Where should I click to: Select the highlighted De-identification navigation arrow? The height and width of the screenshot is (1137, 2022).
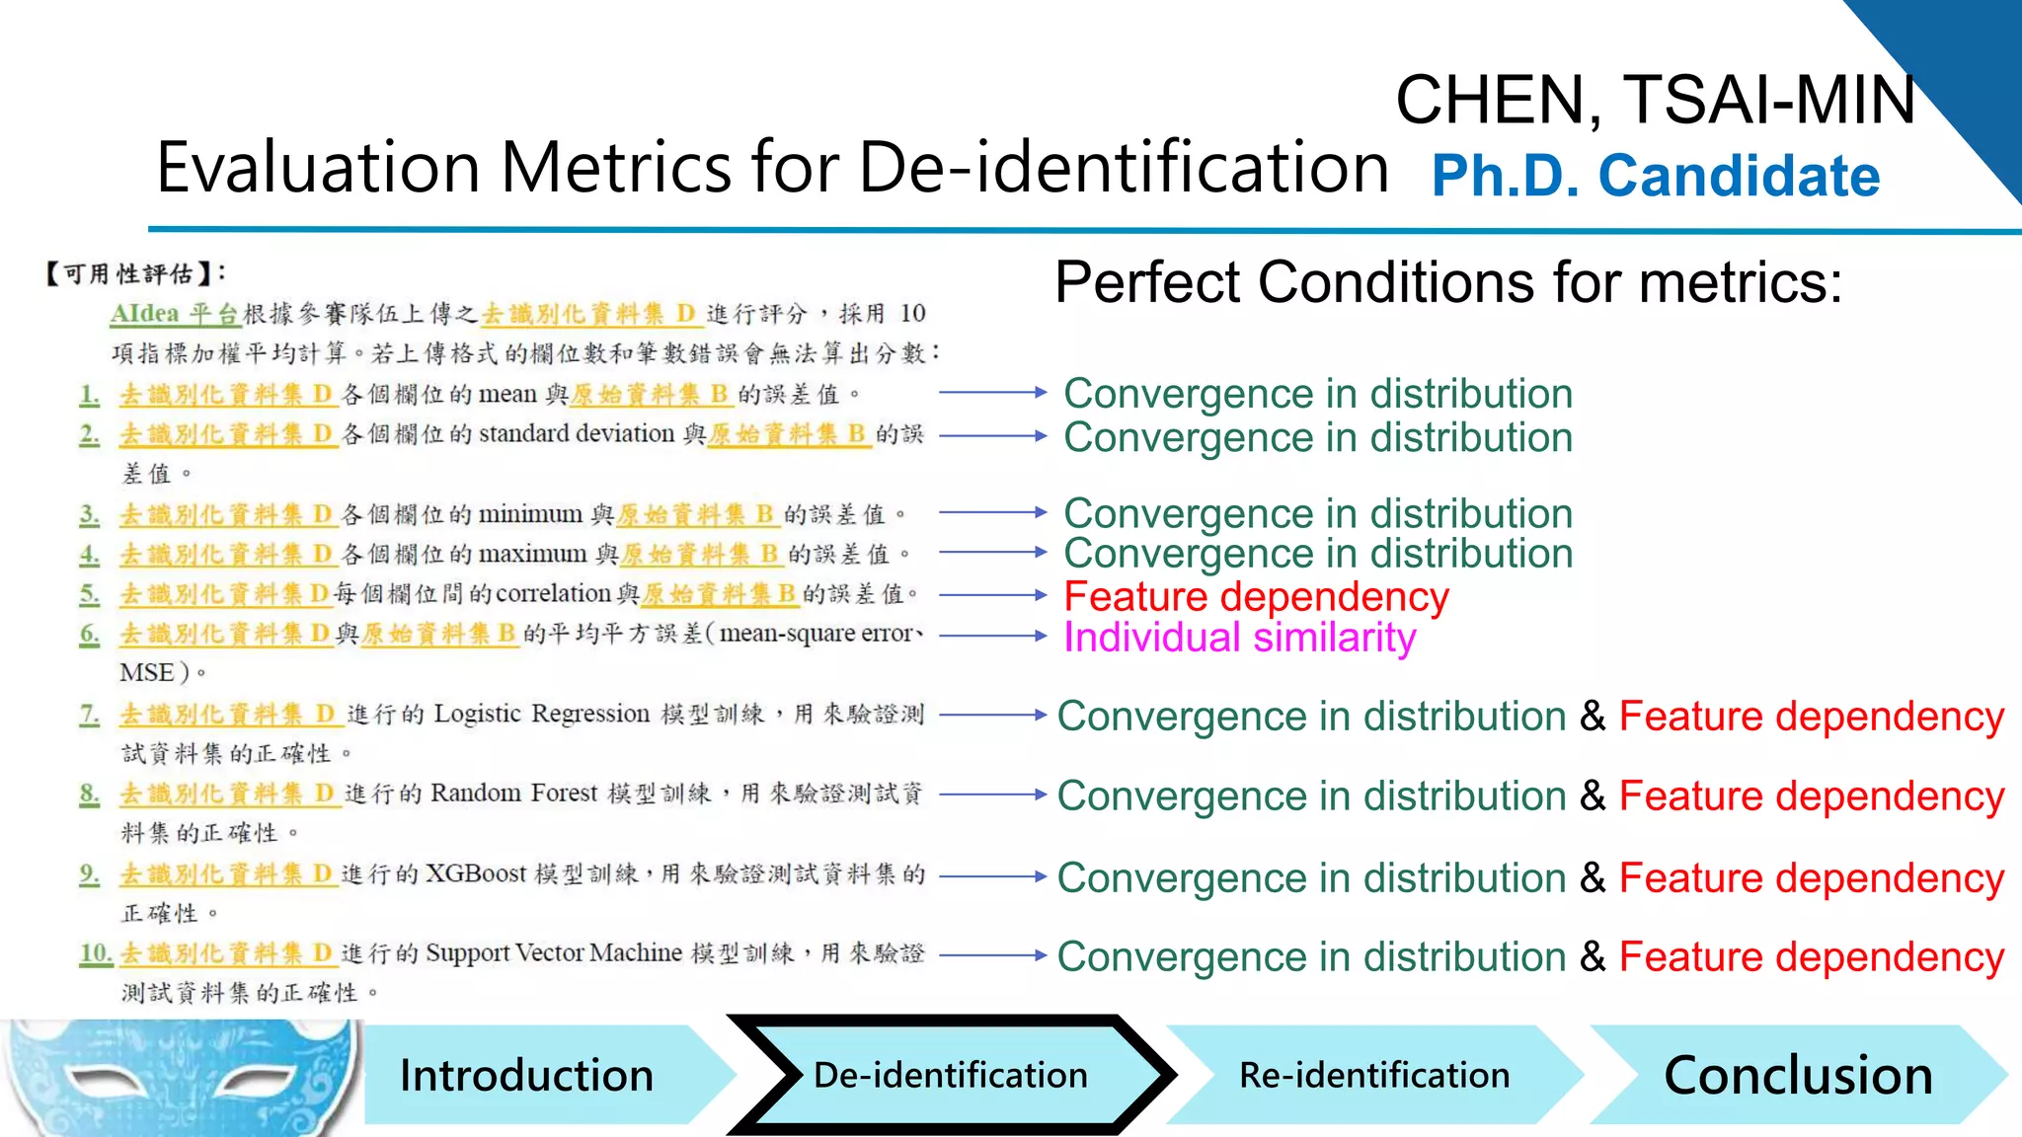[x=950, y=1075]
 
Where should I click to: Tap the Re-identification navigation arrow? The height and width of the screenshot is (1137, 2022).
[x=1374, y=1075]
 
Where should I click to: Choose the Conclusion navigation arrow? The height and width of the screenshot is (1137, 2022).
[x=1798, y=1075]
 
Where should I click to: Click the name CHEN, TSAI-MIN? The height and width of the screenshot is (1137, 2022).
[x=1656, y=100]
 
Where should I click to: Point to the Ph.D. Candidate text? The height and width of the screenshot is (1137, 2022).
[x=1656, y=176]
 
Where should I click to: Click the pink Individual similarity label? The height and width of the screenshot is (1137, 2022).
[x=1239, y=638]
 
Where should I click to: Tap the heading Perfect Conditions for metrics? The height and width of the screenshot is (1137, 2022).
[x=1448, y=282]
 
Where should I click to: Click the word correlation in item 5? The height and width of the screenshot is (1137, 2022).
[x=553, y=593]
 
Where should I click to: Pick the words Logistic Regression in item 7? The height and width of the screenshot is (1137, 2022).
[x=541, y=714]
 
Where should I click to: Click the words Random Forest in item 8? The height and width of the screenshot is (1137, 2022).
[x=514, y=794]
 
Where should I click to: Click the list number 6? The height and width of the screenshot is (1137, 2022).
[x=90, y=634]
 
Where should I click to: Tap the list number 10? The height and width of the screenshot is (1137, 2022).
[x=96, y=953]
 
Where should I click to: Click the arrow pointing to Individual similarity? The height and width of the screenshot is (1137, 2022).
[x=992, y=636]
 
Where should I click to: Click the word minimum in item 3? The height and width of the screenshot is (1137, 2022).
[x=530, y=514]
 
